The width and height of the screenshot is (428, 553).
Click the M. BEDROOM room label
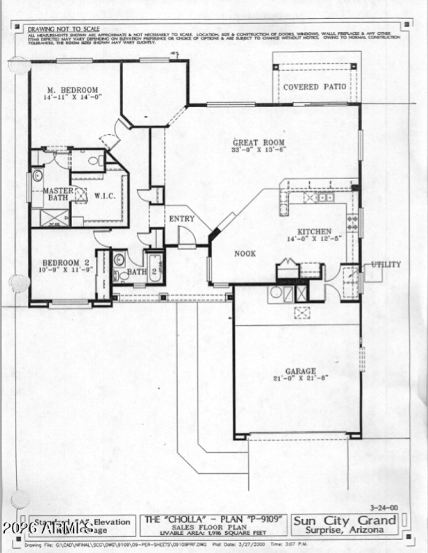(72, 90)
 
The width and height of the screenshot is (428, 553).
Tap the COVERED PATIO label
(315, 87)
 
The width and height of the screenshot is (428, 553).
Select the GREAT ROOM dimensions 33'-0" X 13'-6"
(259, 150)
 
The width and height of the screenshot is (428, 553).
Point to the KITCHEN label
(315, 231)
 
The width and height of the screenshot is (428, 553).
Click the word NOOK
(245, 254)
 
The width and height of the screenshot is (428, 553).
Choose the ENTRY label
(182, 219)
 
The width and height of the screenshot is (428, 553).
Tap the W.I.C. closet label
(105, 196)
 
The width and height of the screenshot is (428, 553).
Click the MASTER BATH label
(58, 195)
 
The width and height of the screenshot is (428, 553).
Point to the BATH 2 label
(136, 272)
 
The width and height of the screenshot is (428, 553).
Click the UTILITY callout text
(386, 264)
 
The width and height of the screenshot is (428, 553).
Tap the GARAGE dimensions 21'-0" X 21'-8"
(300, 378)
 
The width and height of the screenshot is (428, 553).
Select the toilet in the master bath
(95, 160)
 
